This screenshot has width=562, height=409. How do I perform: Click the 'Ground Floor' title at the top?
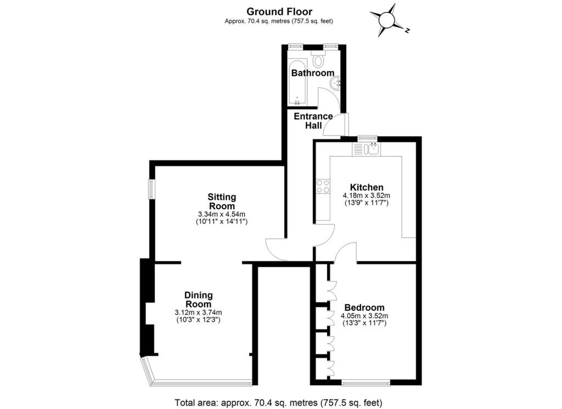(x=279, y=11)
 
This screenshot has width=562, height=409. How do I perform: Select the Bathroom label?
(x=312, y=73)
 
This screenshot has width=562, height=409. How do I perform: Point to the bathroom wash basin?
(x=335, y=83)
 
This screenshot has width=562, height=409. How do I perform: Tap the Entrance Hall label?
(x=313, y=121)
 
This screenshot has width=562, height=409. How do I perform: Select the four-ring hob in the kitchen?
(x=323, y=186)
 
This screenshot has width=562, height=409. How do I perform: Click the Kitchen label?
(x=366, y=187)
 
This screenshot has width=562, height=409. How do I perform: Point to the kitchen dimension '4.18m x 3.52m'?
(x=366, y=195)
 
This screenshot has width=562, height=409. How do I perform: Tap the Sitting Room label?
(x=222, y=201)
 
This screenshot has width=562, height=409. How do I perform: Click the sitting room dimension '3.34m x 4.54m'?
(x=222, y=214)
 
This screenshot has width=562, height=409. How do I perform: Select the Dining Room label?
(x=198, y=300)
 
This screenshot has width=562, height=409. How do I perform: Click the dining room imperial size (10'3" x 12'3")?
(x=198, y=320)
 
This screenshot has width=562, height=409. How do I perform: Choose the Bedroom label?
(x=364, y=307)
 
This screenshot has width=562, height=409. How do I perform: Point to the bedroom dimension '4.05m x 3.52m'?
(x=364, y=316)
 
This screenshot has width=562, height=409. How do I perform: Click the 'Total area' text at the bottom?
(x=278, y=402)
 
